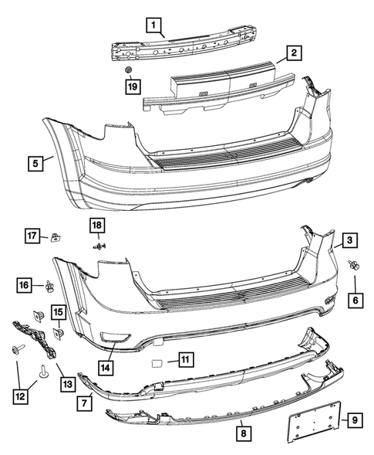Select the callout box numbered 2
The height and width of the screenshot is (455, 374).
pos(294,53)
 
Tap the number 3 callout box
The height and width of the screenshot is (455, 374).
pos(349,242)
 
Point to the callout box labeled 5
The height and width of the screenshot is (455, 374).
pos(35,163)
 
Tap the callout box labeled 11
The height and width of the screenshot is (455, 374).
pos(185,359)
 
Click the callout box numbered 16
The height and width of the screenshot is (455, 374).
pos(25,286)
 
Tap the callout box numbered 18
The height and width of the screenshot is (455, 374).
pos(97,225)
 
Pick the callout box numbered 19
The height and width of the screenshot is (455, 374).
pos(132,87)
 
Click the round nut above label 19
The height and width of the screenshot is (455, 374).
pos(130,71)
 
